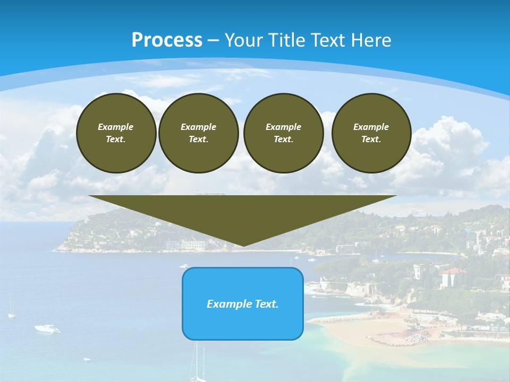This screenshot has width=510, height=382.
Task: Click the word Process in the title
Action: (x=167, y=40)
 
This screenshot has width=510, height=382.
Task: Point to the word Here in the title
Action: (x=370, y=40)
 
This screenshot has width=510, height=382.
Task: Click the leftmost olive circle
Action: (x=116, y=133)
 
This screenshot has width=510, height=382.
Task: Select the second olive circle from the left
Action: (x=198, y=133)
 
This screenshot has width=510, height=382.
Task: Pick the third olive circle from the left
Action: (x=283, y=133)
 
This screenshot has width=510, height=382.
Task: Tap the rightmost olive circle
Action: (x=371, y=133)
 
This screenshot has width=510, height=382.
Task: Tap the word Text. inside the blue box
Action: (x=267, y=304)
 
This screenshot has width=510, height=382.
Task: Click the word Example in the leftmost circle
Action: (x=116, y=127)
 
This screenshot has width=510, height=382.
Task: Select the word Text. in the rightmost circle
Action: (x=371, y=140)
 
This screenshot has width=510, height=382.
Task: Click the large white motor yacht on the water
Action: (x=47, y=329)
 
